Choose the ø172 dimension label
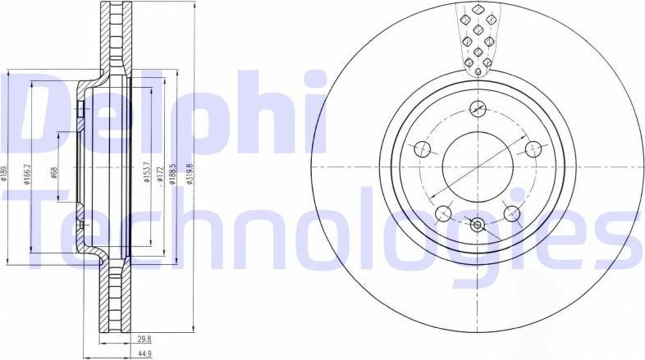tap(160, 174)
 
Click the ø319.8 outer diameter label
tap(190, 174)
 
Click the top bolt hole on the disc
tap(478, 107)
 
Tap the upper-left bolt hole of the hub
tap(422, 148)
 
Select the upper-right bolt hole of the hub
tap(533, 148)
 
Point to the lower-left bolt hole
tap(443, 213)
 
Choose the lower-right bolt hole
tap(512, 213)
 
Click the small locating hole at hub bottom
tap(478, 224)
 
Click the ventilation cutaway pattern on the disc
tap(478, 37)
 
